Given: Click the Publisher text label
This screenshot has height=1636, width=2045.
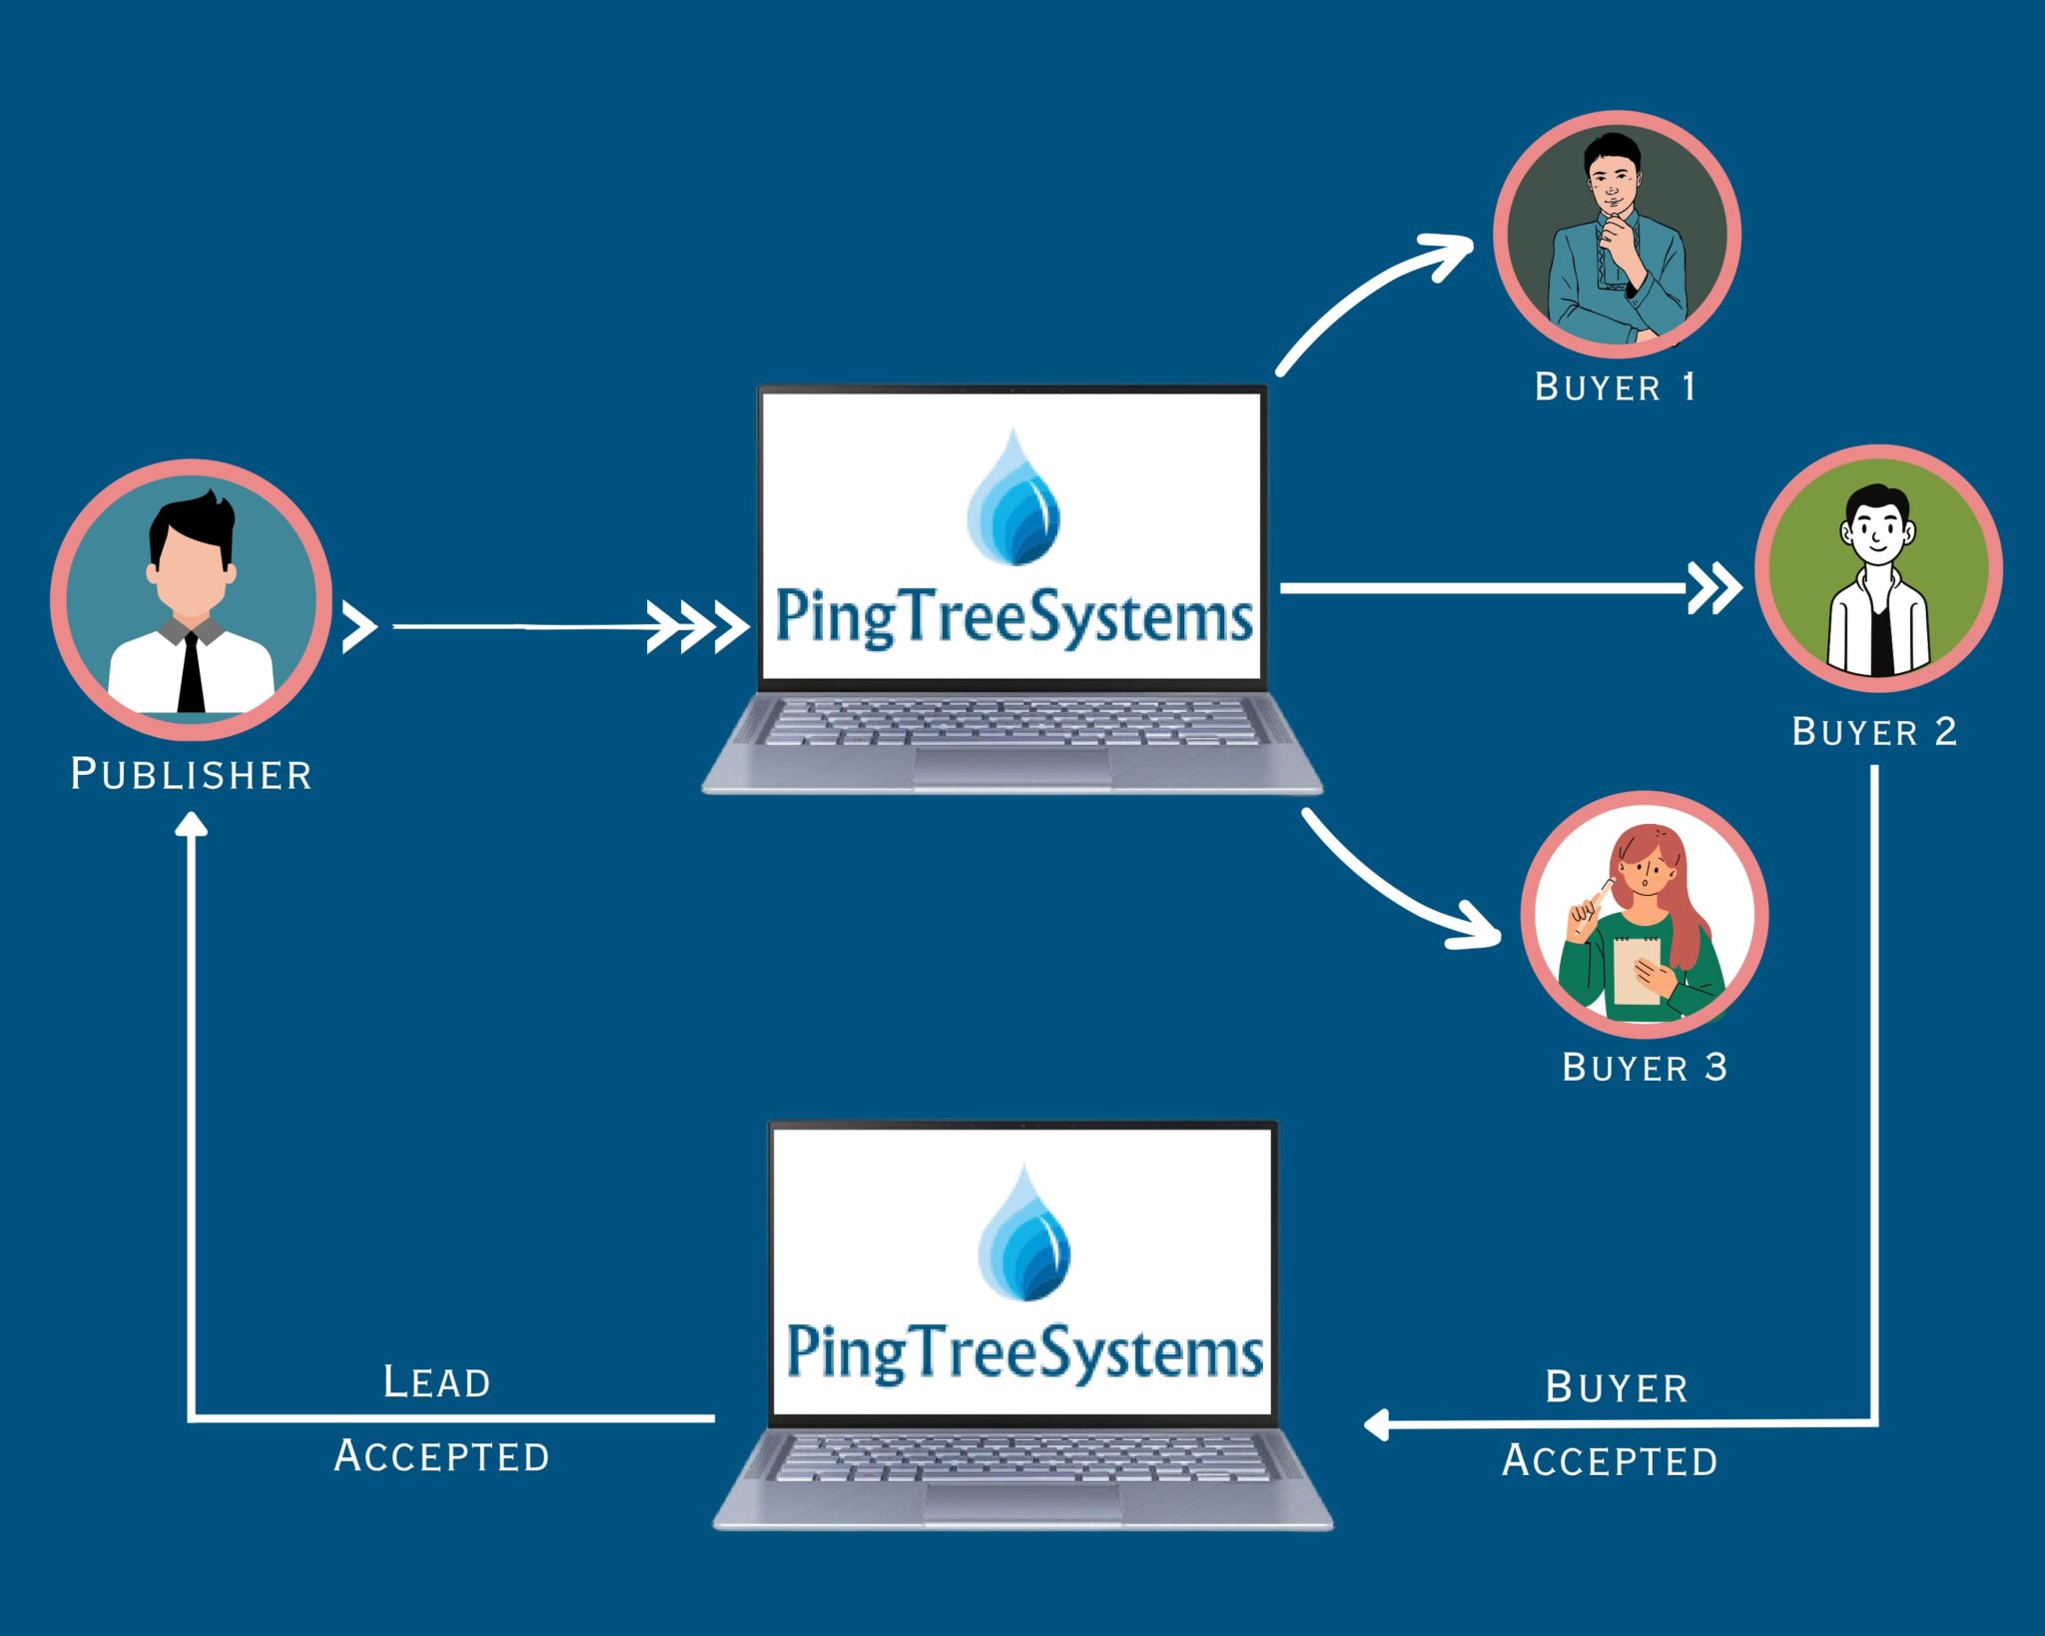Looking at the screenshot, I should click(x=191, y=775).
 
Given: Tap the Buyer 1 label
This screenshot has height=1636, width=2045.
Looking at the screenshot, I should click(x=1615, y=388).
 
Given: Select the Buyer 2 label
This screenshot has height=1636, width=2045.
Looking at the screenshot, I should click(x=1873, y=732).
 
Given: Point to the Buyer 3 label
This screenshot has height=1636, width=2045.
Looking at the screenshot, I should click(x=1644, y=1068).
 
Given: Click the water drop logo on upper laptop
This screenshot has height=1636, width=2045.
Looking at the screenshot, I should click(x=1014, y=499).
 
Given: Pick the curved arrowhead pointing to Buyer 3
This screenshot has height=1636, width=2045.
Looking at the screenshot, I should click(x=1478, y=927).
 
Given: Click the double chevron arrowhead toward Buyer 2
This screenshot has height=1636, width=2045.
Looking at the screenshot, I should click(x=1713, y=588).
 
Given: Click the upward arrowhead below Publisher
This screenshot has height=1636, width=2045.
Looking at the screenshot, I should click(x=191, y=824).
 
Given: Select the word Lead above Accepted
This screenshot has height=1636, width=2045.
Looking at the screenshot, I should click(x=437, y=1383).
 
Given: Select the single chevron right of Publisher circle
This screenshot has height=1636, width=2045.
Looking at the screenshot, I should click(x=357, y=627).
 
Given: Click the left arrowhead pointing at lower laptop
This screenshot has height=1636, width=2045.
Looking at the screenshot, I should click(x=1378, y=1424).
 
